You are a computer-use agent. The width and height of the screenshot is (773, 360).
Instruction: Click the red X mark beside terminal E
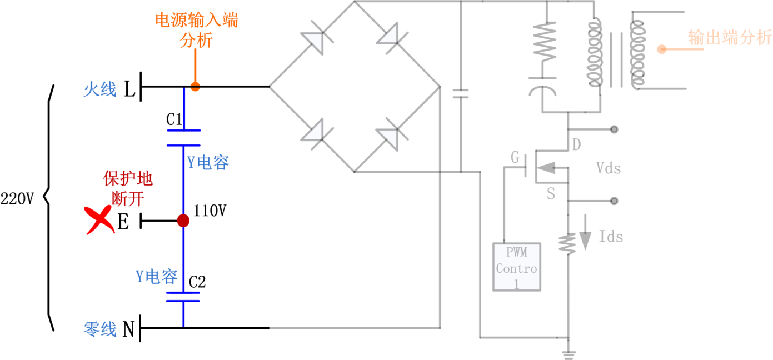click(98, 220)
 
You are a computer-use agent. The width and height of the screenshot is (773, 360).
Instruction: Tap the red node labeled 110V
click(183, 221)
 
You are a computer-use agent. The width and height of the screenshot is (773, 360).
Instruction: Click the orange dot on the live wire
click(195, 87)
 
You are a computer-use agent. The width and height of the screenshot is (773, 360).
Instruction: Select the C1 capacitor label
click(174, 119)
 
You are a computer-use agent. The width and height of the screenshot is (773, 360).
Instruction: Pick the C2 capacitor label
click(197, 282)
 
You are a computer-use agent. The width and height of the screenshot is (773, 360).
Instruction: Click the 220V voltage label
click(17, 198)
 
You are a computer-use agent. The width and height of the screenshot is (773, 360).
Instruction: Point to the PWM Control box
click(517, 267)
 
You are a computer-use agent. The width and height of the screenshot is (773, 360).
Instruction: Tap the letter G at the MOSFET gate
click(515, 158)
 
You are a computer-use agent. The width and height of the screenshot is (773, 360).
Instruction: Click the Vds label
click(608, 168)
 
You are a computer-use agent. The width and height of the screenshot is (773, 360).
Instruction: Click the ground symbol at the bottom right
click(568, 353)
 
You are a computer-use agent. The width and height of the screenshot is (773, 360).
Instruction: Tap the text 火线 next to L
click(100, 89)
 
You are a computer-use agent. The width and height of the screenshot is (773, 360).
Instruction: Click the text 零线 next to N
click(100, 329)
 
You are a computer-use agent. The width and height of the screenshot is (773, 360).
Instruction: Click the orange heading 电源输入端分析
click(196, 31)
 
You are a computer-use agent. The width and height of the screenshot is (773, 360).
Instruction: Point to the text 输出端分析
click(730, 38)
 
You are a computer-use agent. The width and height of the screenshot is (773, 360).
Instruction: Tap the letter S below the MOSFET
click(551, 194)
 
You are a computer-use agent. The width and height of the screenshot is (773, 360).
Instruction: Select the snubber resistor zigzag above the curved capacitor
click(545, 42)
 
